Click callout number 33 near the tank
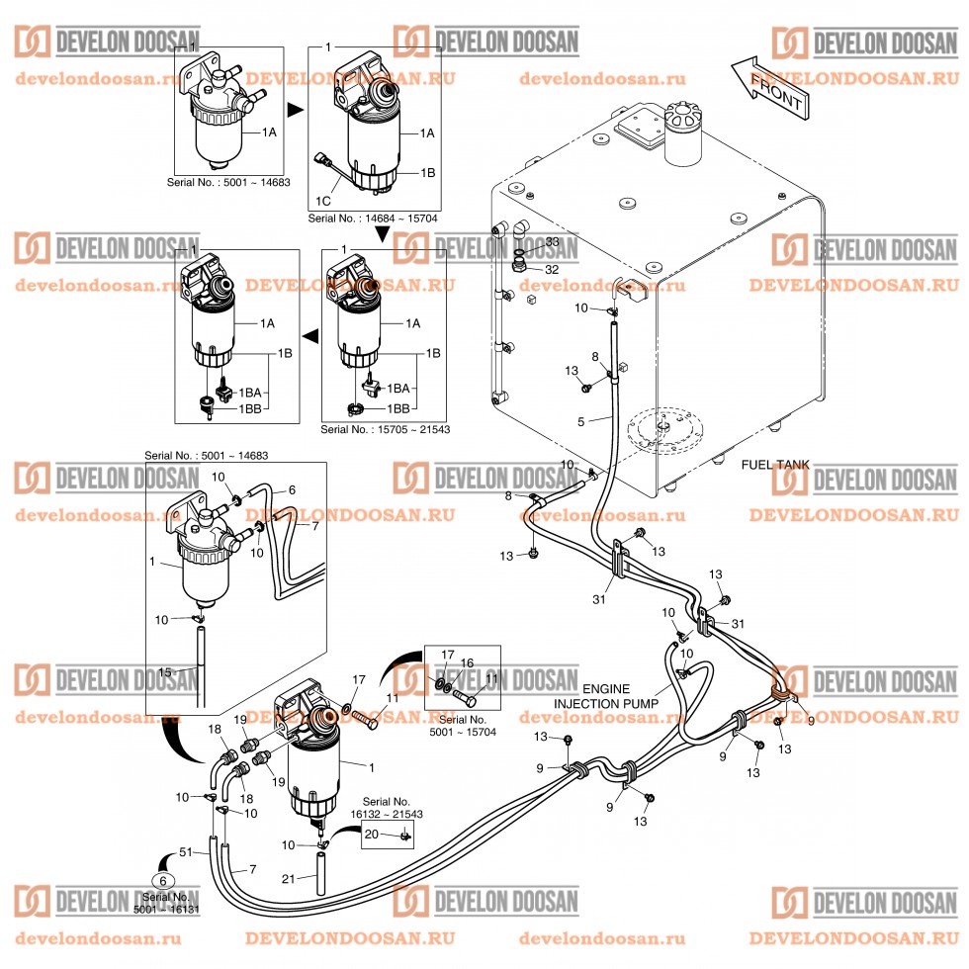(x=553, y=242)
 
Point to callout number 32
(x=553, y=269)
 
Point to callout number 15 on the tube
(x=166, y=672)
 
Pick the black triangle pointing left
(x=308, y=337)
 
